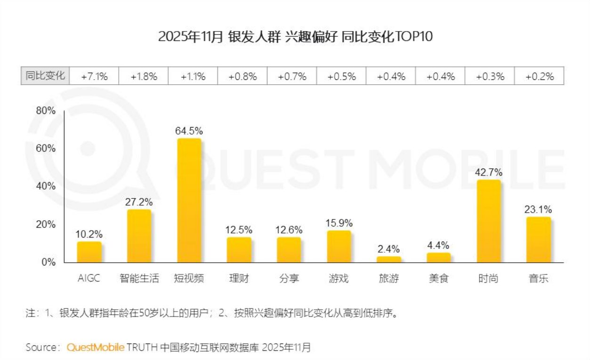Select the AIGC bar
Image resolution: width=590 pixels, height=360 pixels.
[x=89, y=252]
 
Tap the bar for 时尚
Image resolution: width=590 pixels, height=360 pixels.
[x=489, y=221]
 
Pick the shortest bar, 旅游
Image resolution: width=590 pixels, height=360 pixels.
[x=389, y=259]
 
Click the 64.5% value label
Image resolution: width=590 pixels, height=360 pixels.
[x=189, y=131]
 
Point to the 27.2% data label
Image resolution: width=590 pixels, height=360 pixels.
[x=139, y=202]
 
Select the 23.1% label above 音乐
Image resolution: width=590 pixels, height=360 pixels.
[x=538, y=209]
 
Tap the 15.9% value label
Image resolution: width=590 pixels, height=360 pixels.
[x=339, y=223]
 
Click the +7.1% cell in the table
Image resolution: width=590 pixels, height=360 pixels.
[x=94, y=76]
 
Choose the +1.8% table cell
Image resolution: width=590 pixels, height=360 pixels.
[x=144, y=76]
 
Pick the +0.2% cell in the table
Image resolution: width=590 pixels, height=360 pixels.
[x=539, y=76]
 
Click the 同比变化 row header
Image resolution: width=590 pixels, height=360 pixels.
[x=46, y=76]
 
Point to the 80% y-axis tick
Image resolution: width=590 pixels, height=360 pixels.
[x=46, y=111]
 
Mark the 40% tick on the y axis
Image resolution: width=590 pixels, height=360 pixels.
[x=46, y=186]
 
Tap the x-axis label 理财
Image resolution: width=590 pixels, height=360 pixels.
[x=239, y=279]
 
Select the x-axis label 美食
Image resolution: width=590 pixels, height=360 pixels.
[x=439, y=279]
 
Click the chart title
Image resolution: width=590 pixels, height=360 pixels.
[x=295, y=37]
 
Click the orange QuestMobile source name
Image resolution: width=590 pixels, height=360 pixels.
[x=96, y=347]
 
